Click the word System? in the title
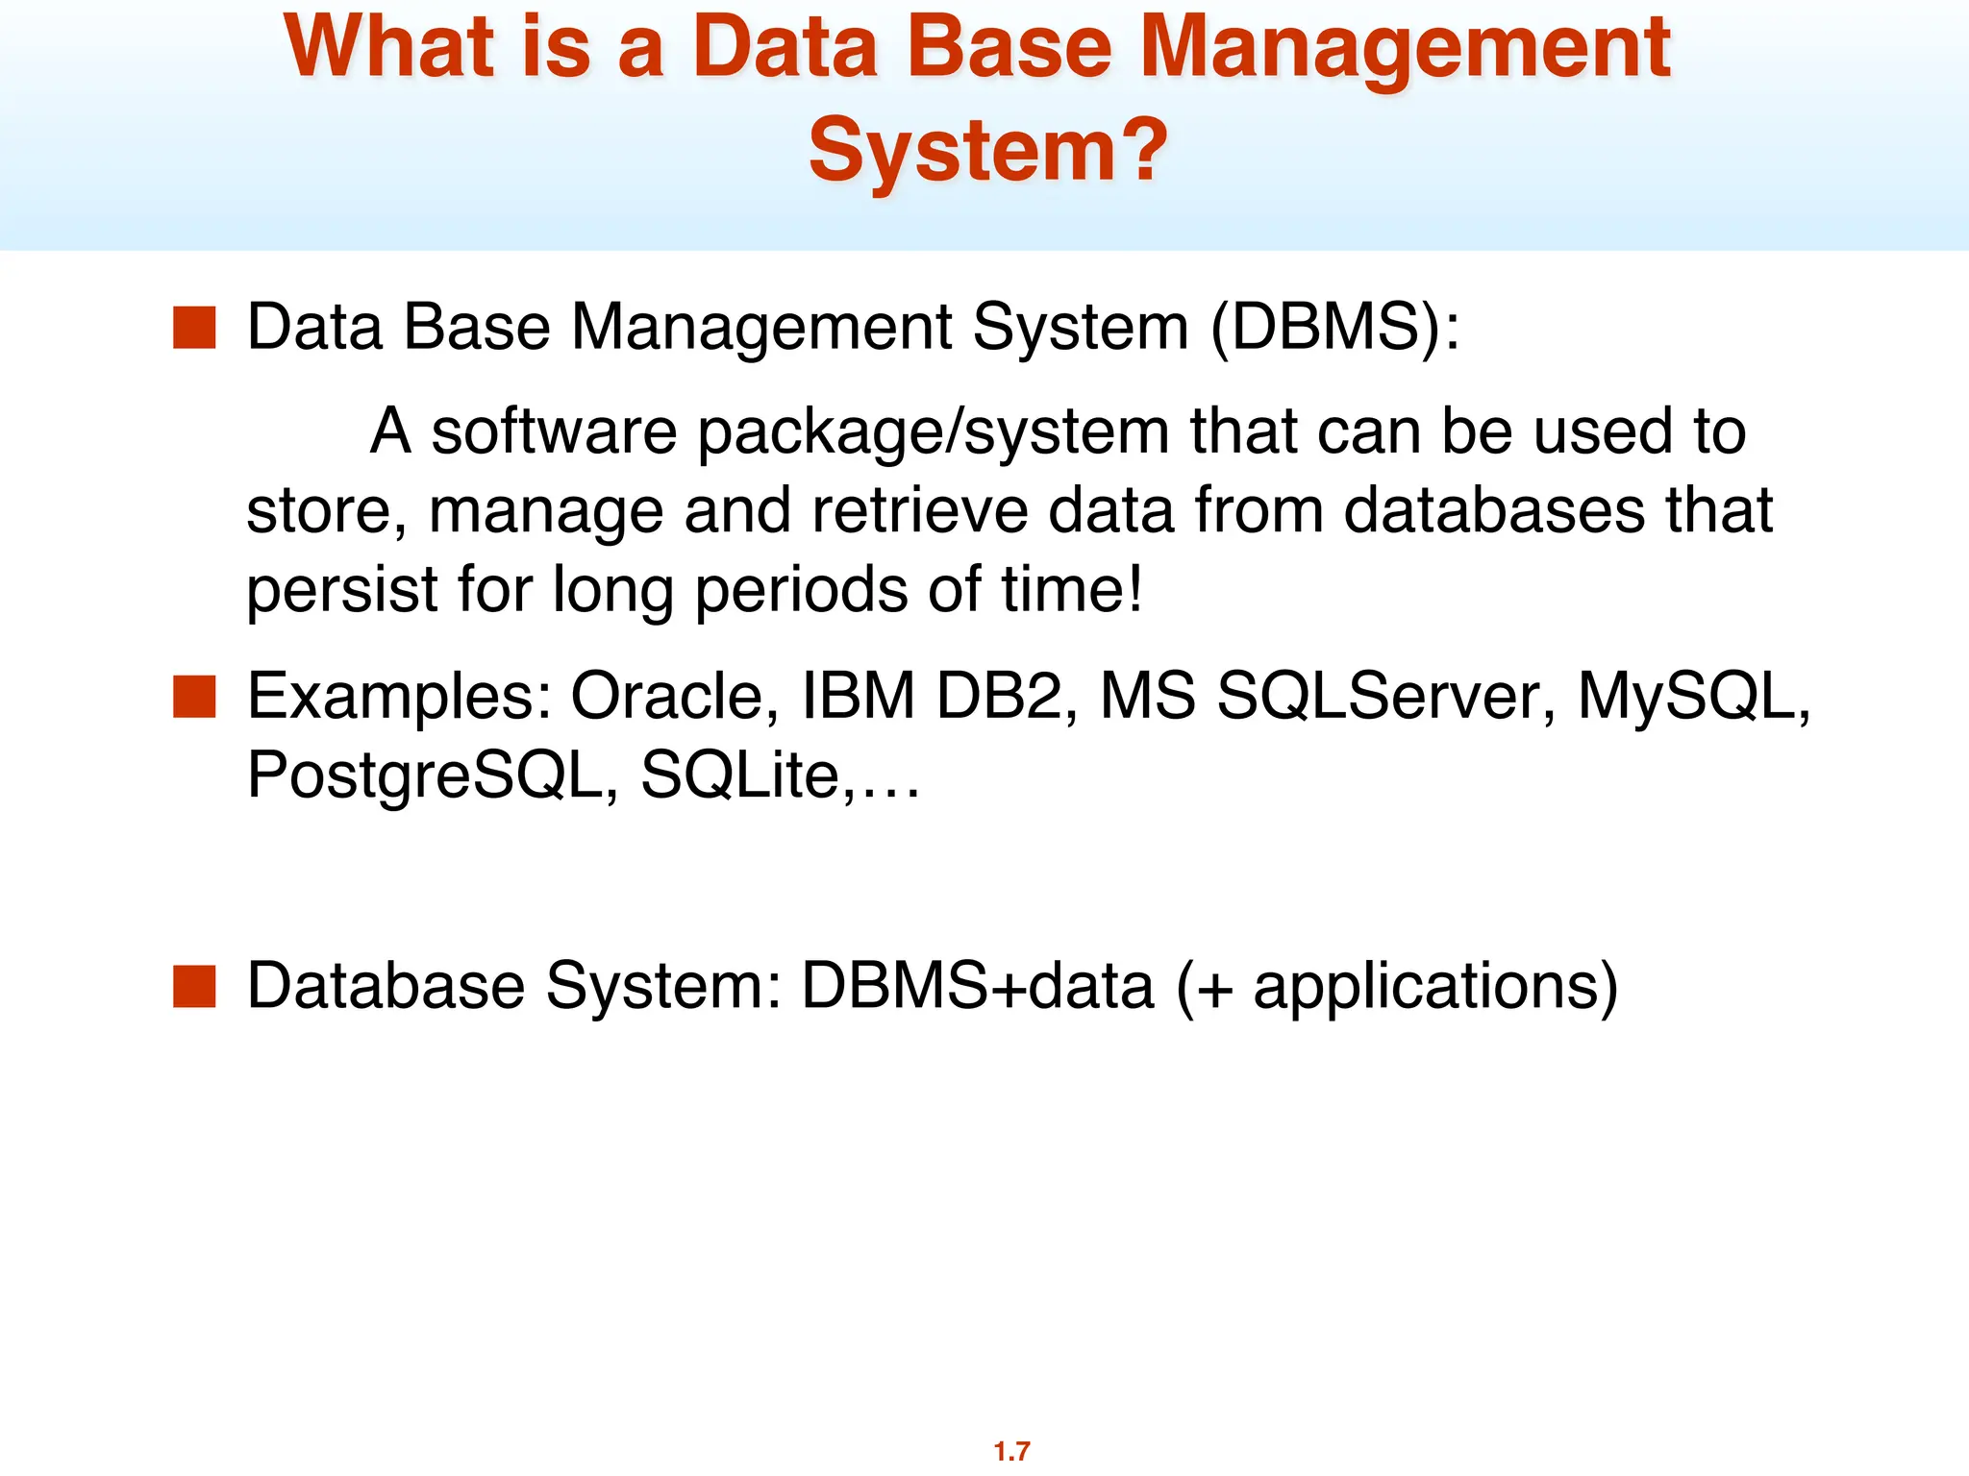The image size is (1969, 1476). [x=987, y=151]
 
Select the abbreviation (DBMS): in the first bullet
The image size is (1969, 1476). [x=1334, y=328]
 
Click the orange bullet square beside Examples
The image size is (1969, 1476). [x=194, y=697]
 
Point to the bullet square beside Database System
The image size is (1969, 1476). [x=194, y=987]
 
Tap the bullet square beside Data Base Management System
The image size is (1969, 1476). [x=194, y=328]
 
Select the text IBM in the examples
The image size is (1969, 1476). [x=858, y=696]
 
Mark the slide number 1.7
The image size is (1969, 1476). [x=1011, y=1450]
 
